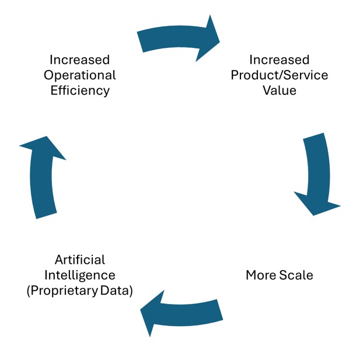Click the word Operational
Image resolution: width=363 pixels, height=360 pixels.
pos(80,75)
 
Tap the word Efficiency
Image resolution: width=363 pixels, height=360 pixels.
pos(80,90)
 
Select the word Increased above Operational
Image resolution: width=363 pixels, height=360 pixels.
pos(80,60)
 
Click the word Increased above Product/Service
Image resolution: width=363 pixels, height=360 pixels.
pos(280,60)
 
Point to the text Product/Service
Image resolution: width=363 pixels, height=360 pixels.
pos(280,75)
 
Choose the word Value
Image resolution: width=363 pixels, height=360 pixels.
pos(280,90)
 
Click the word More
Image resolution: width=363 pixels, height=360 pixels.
pos(260,275)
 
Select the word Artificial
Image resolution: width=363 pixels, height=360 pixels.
pos(80,260)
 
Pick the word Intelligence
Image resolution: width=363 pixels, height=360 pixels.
pos(80,275)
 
